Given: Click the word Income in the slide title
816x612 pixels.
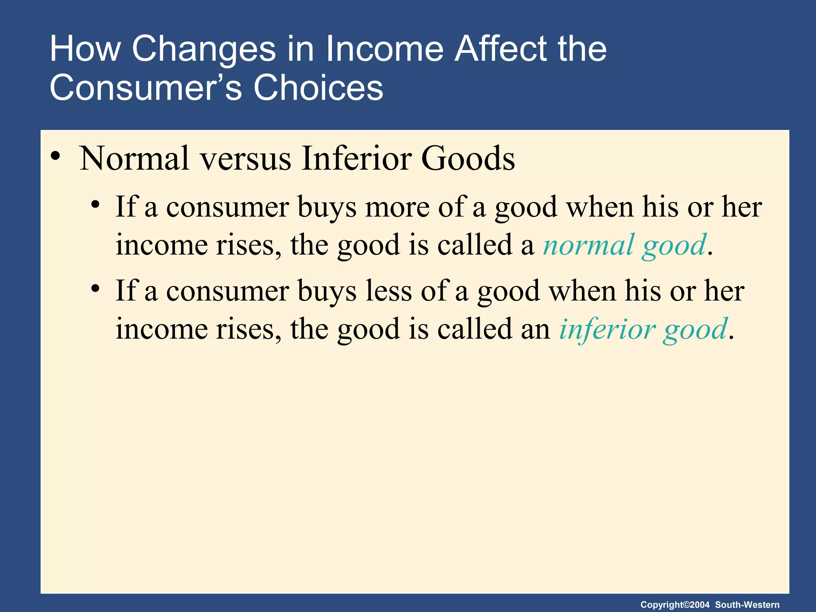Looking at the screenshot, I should [x=384, y=49].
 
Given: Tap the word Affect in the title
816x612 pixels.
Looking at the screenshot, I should [x=502, y=49].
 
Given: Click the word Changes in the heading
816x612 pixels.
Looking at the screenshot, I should [x=204, y=49].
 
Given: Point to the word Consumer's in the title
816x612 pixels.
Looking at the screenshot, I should [x=146, y=88].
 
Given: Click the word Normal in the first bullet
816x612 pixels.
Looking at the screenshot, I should [x=134, y=159].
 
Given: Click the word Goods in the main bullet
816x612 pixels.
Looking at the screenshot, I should [x=468, y=159].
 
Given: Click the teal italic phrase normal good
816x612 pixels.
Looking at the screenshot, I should [x=625, y=245].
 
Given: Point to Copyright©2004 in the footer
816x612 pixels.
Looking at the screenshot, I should [x=675, y=604].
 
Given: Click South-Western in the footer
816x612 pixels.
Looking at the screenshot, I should [x=747, y=604].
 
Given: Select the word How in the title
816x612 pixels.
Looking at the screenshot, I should [x=85, y=49].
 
